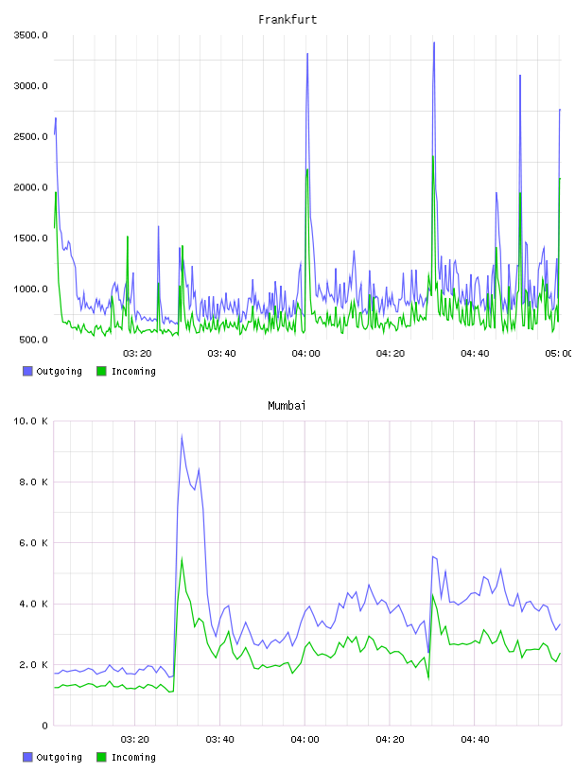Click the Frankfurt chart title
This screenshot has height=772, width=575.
tap(287, 20)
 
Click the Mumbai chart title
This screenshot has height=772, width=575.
tap(287, 406)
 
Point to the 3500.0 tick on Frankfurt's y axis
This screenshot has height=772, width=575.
tap(31, 35)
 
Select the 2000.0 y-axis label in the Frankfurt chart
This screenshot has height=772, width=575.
tap(31, 187)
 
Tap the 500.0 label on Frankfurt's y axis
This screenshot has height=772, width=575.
tap(33, 340)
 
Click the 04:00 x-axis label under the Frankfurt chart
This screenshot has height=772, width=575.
tap(305, 353)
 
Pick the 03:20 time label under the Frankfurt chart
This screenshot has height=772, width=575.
tap(137, 353)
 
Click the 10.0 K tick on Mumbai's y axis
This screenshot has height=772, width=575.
tap(31, 421)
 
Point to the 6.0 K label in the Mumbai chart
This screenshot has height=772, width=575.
tap(33, 542)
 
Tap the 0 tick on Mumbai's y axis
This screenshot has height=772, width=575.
tap(44, 726)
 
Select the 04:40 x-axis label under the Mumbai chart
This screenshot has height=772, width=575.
tap(475, 739)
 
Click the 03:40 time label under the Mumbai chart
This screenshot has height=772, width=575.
tap(219, 739)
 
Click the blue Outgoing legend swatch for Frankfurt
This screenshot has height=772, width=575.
tap(27, 371)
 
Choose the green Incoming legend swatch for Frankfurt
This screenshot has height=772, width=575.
tap(101, 371)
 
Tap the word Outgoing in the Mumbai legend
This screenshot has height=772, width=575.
tap(59, 757)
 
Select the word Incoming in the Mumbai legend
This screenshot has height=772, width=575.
tap(133, 757)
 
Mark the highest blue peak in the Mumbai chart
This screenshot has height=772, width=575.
tap(182, 436)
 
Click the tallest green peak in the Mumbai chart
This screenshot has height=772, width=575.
tap(182, 558)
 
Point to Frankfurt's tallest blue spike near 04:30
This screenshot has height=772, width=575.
tap(434, 43)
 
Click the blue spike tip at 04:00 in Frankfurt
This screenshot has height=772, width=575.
tap(307, 54)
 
